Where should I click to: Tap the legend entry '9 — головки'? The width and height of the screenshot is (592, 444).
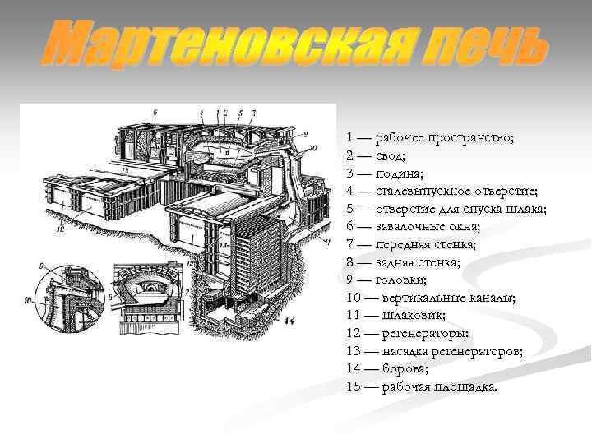coord(390,280)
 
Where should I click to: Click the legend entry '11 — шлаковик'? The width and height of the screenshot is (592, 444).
coord(397,315)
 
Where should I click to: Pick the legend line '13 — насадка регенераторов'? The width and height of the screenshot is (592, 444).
coord(435,350)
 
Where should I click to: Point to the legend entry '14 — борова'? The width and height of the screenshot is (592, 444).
coord(388,368)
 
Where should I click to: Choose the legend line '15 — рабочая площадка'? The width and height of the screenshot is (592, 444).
coord(423,386)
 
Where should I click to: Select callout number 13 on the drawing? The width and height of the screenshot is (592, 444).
coord(223,244)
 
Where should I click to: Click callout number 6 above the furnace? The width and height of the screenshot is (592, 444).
coord(154,111)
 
